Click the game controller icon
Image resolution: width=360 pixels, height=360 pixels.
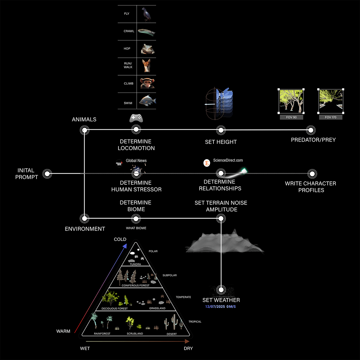click(x=136, y=118)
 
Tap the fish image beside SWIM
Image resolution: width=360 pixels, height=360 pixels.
click(x=147, y=101)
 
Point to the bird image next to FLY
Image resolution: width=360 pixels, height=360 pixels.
click(x=146, y=14)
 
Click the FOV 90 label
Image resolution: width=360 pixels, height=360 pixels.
click(x=291, y=117)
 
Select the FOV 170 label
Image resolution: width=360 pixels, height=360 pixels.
click(x=330, y=117)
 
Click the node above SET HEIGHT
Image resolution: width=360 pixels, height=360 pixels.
click(x=221, y=130)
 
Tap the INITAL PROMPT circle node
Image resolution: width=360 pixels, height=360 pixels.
click(x=47, y=174)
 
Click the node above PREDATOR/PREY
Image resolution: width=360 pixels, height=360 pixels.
click(x=311, y=130)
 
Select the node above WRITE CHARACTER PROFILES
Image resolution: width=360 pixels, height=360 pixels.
click(x=312, y=174)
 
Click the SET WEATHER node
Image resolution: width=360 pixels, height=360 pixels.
click(x=221, y=290)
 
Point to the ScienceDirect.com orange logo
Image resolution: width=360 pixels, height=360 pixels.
click(x=207, y=163)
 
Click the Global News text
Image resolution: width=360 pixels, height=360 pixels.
click(x=136, y=161)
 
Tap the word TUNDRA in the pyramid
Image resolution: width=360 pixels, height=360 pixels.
click(x=135, y=264)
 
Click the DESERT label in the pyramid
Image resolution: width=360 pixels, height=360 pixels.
click(x=172, y=334)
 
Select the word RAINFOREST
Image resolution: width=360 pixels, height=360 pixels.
click(x=102, y=334)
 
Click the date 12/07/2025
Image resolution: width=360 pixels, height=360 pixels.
click(x=215, y=307)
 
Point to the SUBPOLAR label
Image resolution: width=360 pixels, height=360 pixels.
click(x=170, y=275)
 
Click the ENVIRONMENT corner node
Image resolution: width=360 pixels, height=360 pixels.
click(x=84, y=218)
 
